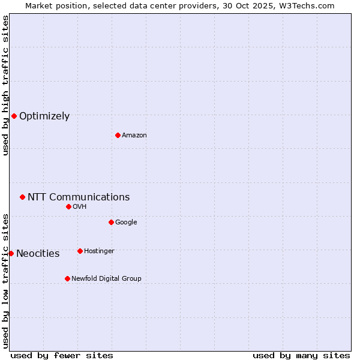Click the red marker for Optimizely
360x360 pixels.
[x=14, y=116]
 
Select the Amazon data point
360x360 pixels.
[x=118, y=135]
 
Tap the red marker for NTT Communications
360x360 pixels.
[x=22, y=197]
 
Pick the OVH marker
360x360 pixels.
[x=68, y=206]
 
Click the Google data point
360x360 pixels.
[x=111, y=222]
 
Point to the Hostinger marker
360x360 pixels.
[x=80, y=251]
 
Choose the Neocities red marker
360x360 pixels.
[x=11, y=253]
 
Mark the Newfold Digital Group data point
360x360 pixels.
[x=67, y=278]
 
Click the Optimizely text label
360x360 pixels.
[x=44, y=116]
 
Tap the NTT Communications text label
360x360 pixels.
[x=79, y=197]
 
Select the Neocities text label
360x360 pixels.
[x=38, y=254]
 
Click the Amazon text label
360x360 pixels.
[x=134, y=136]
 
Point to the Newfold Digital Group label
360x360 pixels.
[x=106, y=279]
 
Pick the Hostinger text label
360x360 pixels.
[x=99, y=251]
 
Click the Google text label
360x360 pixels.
[x=126, y=223]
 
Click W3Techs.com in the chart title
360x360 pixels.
[x=308, y=5]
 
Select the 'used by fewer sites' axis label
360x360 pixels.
[x=62, y=355]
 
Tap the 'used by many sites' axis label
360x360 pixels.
[x=301, y=355]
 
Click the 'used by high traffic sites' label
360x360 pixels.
[x=5, y=85]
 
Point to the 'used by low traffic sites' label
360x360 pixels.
[x=5, y=280]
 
